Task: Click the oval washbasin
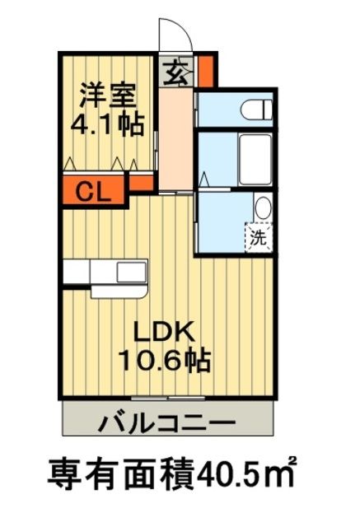click(262, 208)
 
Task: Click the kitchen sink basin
click(131, 272)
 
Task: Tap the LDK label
click(163, 331)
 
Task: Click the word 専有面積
click(121, 475)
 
